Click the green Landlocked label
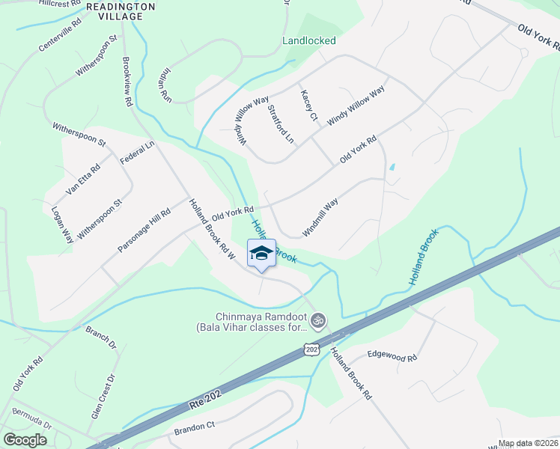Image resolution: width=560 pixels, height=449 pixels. tap(308, 41)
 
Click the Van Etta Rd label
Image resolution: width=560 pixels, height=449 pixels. tap(82, 180)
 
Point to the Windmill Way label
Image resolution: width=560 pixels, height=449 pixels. tap(320, 217)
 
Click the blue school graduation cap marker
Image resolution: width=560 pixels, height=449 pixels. tap(261, 254)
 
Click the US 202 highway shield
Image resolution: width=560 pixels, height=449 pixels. tap(311, 349)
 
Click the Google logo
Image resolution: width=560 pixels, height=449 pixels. tap(25, 441)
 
